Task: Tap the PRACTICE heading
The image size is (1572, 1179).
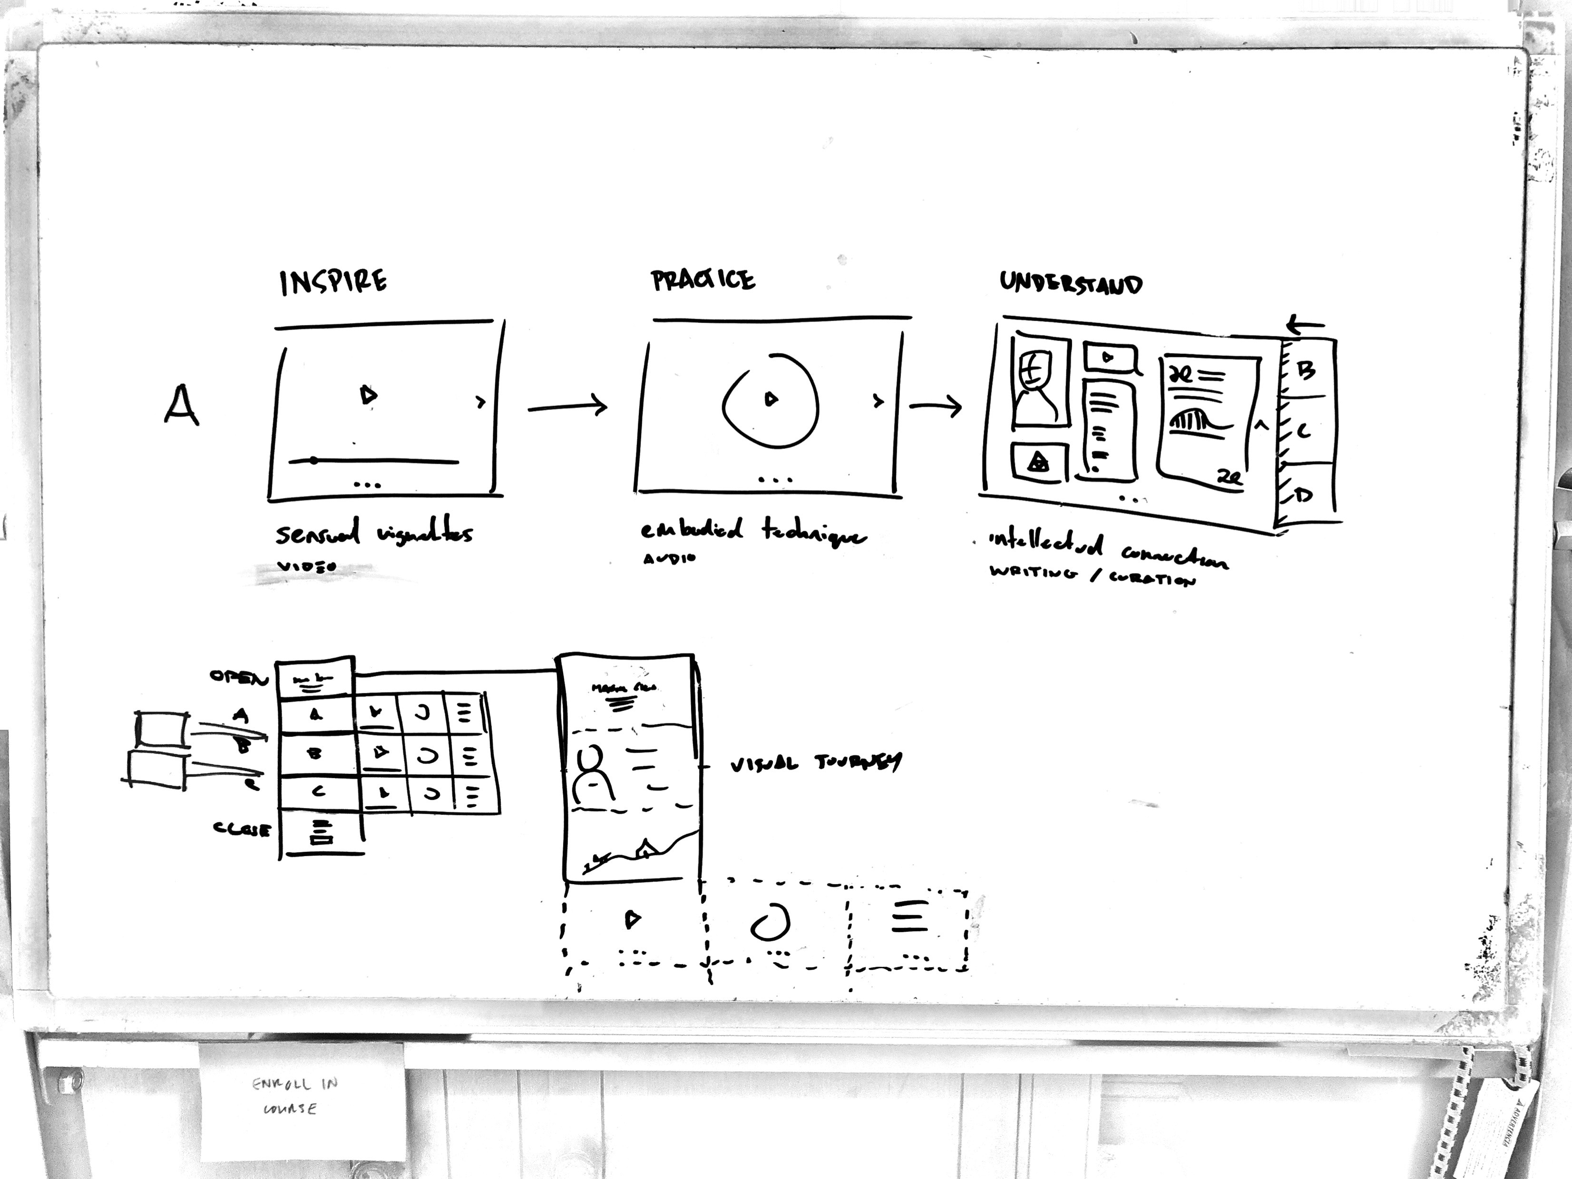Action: [703, 281]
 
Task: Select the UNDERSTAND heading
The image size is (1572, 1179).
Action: [1071, 283]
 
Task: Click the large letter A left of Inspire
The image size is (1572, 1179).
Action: [181, 405]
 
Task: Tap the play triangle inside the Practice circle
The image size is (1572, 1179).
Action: [771, 399]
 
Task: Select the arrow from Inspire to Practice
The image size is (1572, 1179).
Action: [567, 407]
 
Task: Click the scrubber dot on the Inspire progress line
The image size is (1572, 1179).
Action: [313, 460]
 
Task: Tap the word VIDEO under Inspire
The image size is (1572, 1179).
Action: [306, 567]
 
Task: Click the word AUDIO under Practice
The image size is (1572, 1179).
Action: [669, 558]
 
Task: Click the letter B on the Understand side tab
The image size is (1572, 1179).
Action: [1306, 370]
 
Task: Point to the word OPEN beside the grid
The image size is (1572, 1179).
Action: [239, 677]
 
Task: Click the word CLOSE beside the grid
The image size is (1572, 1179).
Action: [242, 829]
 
